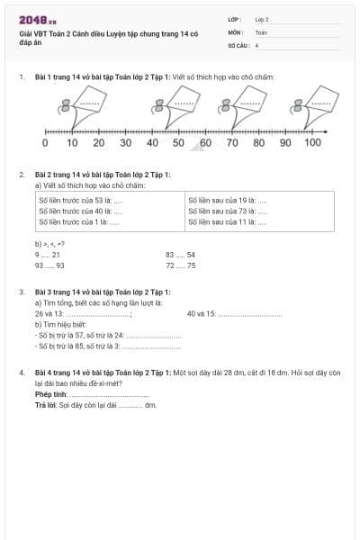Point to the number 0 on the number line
coord(45,143)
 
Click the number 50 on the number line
coord(178,143)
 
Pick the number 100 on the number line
coord(312,143)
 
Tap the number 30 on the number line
coord(125,143)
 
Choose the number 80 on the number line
coord(258,143)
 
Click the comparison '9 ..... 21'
coord(47,255)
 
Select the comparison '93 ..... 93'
coord(49,266)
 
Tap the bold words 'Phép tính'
coord(50,394)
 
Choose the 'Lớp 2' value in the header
coord(262,18)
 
